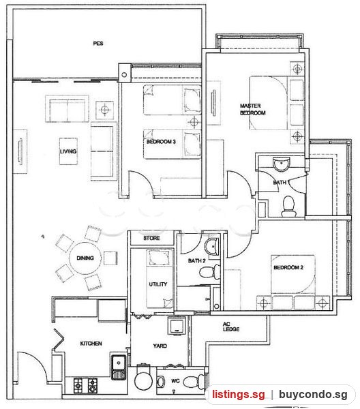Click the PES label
pos(98,44)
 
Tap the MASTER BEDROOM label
pos(252,109)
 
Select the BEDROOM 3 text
pos(161,142)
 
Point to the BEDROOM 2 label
pos(288,267)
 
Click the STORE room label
pos(151,238)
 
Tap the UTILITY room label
pos(158,284)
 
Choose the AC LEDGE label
pos(231,327)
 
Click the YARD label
pos(160,346)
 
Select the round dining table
pos(85,258)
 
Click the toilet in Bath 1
pos(288,207)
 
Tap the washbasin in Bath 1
pos(281,164)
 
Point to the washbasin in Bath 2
pos(212,246)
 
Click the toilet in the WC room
pos(194,381)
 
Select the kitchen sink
pos(119,367)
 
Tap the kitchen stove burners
pos(85,386)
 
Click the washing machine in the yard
pos(177,326)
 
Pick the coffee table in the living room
pos(68,151)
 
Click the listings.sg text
pos(238,394)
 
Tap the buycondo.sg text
pos(313,394)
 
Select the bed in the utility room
pos(160,279)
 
